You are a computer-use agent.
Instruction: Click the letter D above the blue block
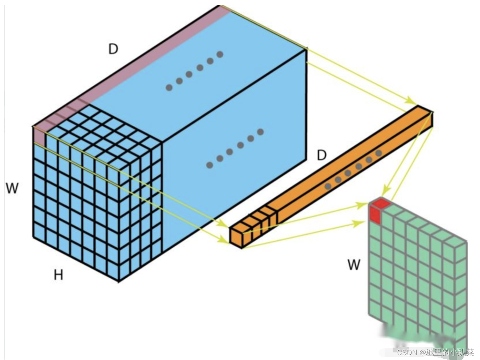[x=113, y=49]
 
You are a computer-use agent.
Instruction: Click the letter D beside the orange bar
[x=322, y=155]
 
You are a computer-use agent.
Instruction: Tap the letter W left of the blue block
[x=12, y=188]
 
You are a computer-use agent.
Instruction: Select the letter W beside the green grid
[x=354, y=265]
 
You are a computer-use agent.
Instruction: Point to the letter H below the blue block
[x=58, y=275]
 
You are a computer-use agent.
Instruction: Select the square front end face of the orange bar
[x=236, y=236]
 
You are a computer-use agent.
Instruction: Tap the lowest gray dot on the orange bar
[x=328, y=186]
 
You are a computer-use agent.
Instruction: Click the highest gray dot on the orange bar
[x=379, y=153]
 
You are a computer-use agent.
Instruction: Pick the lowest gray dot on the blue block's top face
[x=169, y=87]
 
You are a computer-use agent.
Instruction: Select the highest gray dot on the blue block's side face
[x=260, y=131]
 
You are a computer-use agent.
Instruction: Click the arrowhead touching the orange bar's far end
[x=413, y=101]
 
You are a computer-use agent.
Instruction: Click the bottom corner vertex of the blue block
[x=119, y=282]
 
